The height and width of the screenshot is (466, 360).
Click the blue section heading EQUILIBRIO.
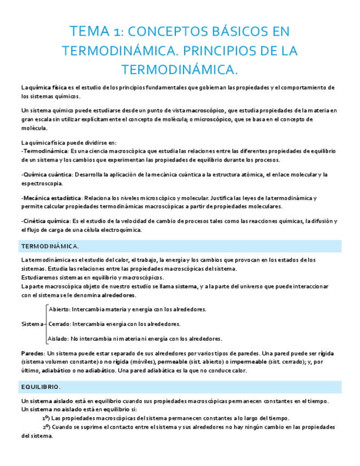(41, 387)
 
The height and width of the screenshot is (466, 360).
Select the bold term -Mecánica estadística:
(51, 198)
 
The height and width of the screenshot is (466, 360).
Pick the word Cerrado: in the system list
(60, 324)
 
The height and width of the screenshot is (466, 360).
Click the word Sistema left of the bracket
(31, 324)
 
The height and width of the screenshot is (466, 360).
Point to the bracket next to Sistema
(45, 324)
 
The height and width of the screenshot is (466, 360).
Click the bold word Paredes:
(33, 353)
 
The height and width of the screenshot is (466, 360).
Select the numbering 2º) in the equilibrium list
(47, 426)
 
